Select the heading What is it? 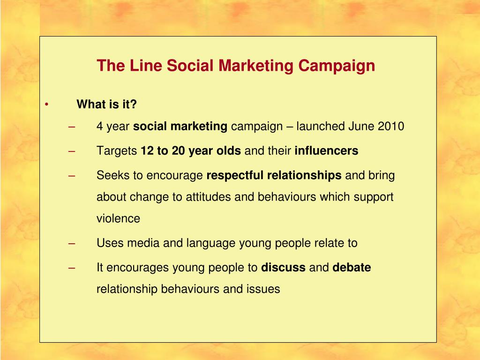pyautogui.click(x=107, y=104)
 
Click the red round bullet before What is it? pyautogui.click(x=47, y=104)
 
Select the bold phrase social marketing pyautogui.click(x=180, y=127)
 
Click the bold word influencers pyautogui.click(x=326, y=151)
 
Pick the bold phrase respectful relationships pyautogui.click(x=274, y=176)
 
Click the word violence pyautogui.click(x=118, y=218)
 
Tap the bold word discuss pyautogui.click(x=283, y=268)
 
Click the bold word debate pyautogui.click(x=352, y=268)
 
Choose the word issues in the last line pyautogui.click(x=263, y=289)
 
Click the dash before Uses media pyautogui.click(x=72, y=243)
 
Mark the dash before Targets pyautogui.click(x=72, y=151)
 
